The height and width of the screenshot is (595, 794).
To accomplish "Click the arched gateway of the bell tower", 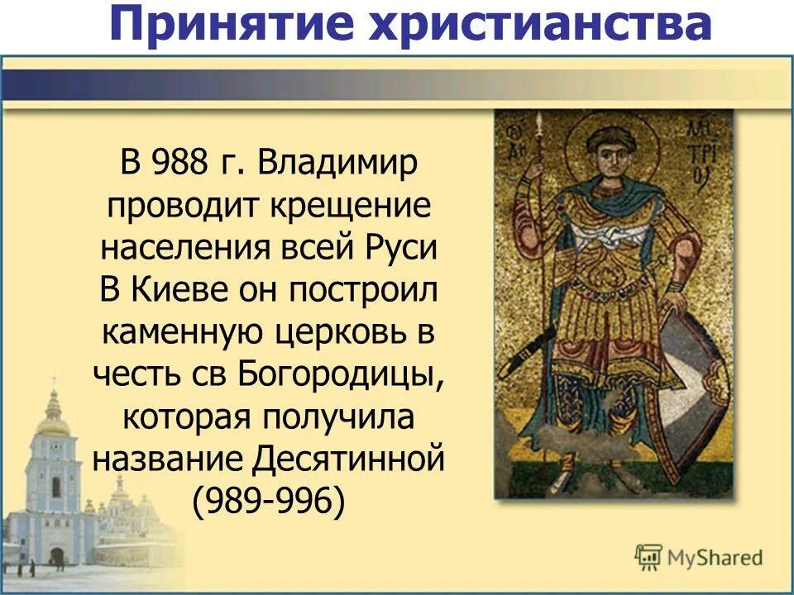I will click(56, 556).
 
